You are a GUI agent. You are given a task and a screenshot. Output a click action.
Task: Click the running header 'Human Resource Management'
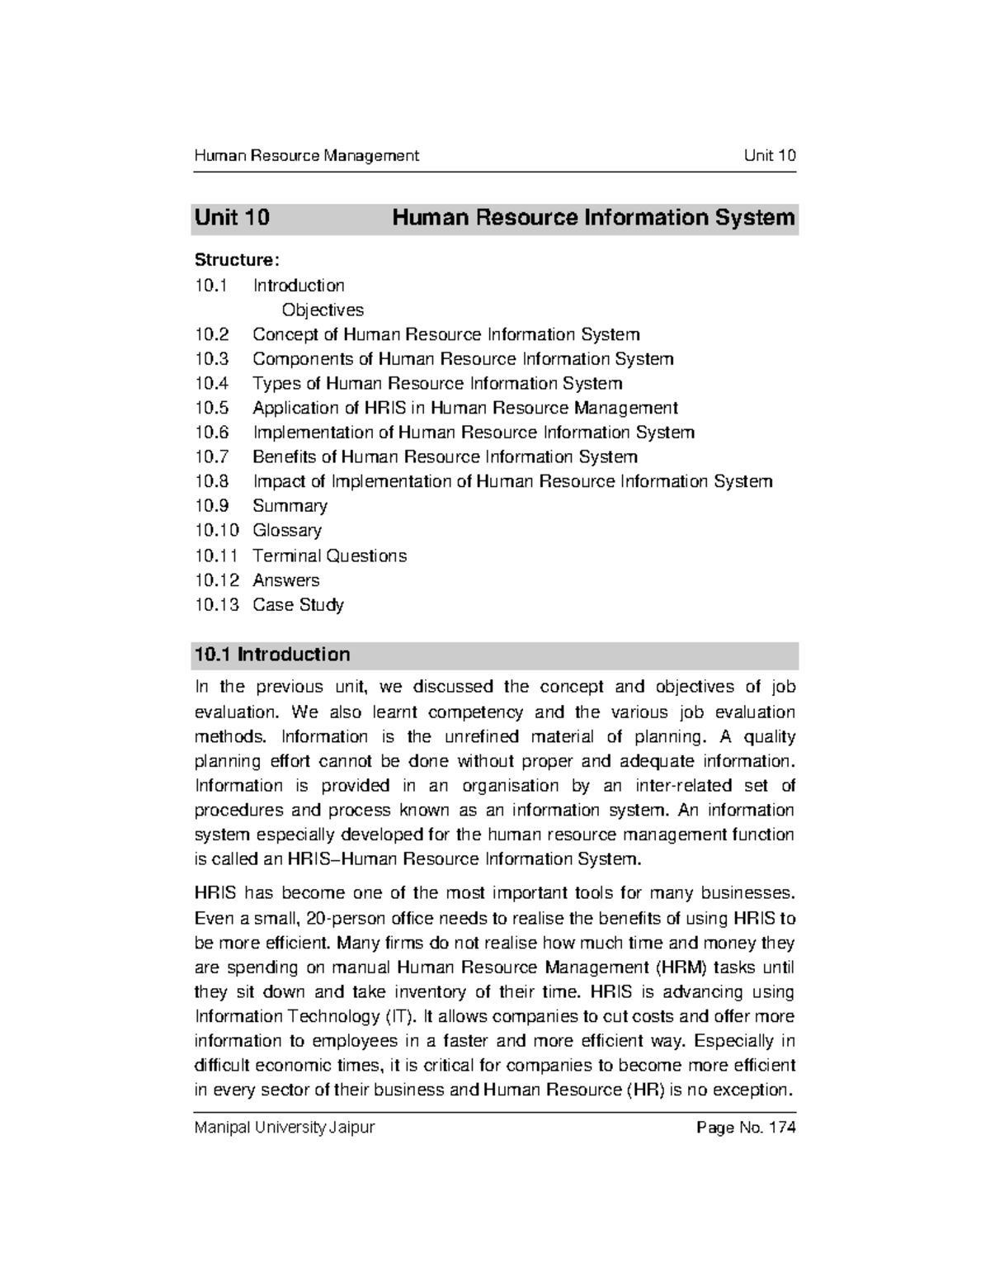(x=306, y=155)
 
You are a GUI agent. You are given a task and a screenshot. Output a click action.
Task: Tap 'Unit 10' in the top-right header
(x=769, y=155)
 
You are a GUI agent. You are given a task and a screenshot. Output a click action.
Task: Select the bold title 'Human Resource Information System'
(x=593, y=218)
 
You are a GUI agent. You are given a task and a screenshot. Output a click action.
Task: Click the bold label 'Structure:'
(x=237, y=260)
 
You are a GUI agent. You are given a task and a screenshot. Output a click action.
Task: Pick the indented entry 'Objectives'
(x=323, y=310)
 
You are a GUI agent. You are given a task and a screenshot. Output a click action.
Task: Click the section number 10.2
(x=211, y=334)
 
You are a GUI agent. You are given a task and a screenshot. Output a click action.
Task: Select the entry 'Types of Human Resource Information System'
(x=437, y=383)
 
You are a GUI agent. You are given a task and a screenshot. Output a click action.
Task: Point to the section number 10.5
(x=211, y=408)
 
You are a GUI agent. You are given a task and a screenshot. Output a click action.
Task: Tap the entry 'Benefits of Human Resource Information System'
(x=445, y=457)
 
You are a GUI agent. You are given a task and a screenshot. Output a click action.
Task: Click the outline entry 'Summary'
(x=290, y=506)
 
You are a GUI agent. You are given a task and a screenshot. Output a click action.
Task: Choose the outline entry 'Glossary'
(x=286, y=531)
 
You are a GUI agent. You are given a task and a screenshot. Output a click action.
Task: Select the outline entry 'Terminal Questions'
(x=329, y=556)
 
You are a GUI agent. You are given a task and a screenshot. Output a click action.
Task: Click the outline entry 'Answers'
(x=285, y=580)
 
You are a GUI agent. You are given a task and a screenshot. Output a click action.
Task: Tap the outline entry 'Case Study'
(x=298, y=605)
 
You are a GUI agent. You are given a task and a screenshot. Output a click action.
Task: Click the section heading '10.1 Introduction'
(x=271, y=655)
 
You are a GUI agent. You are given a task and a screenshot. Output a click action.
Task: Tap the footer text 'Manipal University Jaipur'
(x=284, y=1128)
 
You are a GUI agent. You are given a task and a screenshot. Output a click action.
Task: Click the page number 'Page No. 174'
(x=746, y=1128)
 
